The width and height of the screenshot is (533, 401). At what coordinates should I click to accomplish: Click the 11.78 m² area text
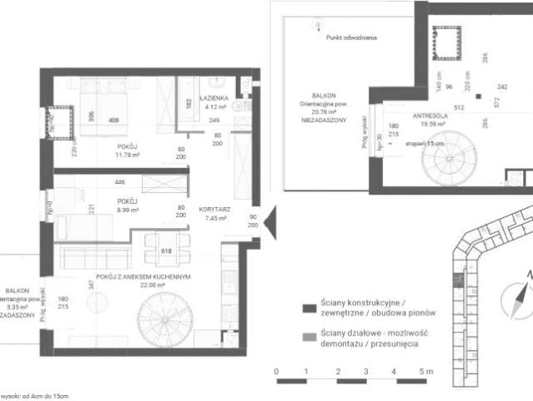point(128,155)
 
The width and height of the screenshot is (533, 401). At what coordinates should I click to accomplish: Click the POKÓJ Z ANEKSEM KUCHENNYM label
point(144,276)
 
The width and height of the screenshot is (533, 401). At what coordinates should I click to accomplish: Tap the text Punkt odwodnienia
point(352,38)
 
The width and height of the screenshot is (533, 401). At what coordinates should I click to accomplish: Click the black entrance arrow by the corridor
point(269,222)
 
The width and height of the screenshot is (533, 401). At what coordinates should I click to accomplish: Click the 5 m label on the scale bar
point(426,370)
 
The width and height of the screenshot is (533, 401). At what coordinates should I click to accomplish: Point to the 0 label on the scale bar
point(275,370)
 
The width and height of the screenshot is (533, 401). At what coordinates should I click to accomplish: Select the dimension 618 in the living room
point(166,250)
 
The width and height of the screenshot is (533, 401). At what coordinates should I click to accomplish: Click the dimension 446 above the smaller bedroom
point(120,181)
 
